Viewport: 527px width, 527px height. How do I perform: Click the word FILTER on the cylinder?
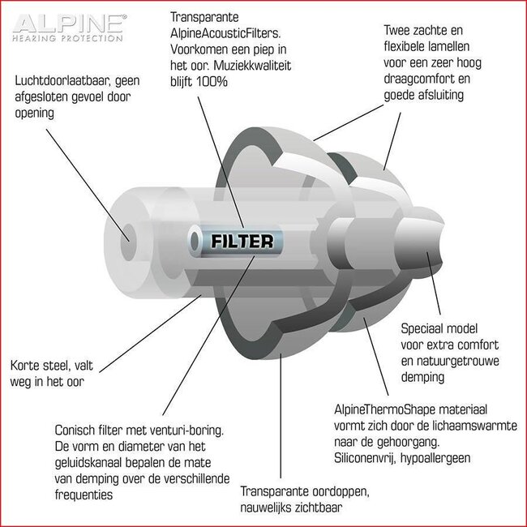point(242,241)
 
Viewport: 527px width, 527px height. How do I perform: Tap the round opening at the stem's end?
point(128,238)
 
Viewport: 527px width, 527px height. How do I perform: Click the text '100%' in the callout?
point(212,82)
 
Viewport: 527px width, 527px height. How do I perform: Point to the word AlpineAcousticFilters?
point(225,33)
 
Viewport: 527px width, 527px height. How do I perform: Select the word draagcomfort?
point(418,79)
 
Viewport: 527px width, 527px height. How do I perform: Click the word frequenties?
point(84,495)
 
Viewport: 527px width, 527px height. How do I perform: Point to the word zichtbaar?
point(319,508)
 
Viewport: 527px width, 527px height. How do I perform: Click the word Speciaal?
point(422,329)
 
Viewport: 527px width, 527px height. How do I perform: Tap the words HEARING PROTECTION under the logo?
point(67,38)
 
